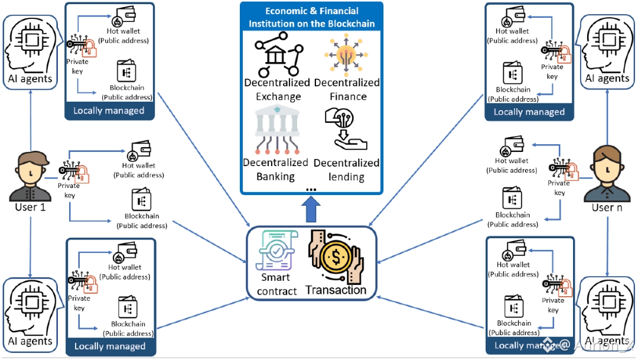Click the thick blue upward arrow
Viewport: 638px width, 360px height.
click(311, 209)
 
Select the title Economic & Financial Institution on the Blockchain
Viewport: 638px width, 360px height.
click(311, 17)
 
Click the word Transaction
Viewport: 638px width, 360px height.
click(336, 290)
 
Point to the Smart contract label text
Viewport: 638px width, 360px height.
click(276, 284)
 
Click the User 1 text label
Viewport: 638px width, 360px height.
click(30, 208)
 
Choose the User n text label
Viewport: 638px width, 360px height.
click(607, 208)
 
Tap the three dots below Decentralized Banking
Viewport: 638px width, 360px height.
click(311, 189)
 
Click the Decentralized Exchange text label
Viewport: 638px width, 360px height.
click(276, 89)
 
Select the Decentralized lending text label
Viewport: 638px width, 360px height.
click(346, 170)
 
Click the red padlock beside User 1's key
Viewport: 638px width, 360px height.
click(84, 173)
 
